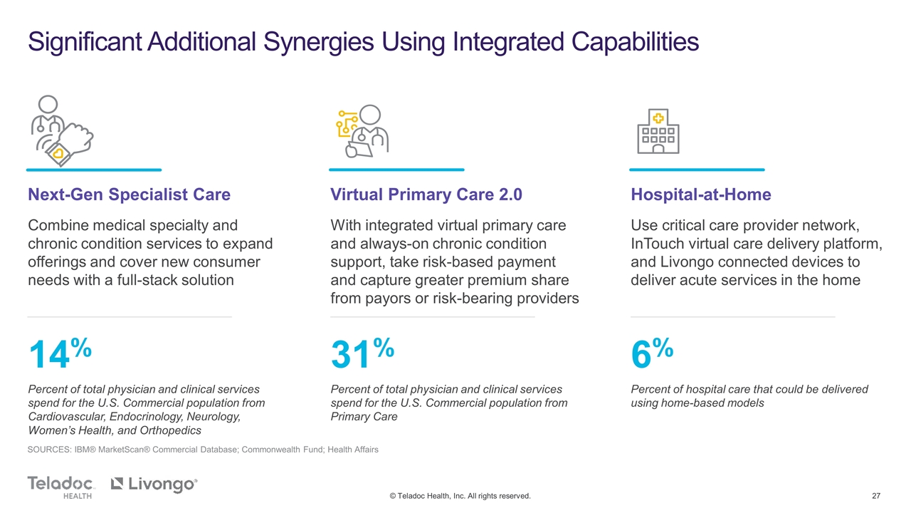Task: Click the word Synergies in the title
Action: click(x=318, y=42)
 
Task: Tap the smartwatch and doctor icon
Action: click(x=62, y=131)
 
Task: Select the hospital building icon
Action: click(x=658, y=131)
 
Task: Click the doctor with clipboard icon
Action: click(x=363, y=131)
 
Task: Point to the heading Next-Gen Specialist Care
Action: click(x=129, y=195)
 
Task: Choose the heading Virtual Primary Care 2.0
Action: click(x=426, y=195)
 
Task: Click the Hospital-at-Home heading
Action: click(x=701, y=195)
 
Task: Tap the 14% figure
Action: click(x=60, y=353)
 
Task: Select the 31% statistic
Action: click(x=362, y=353)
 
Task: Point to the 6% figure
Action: click(x=652, y=353)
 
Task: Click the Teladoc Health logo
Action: click(x=61, y=487)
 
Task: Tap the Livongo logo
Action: click(x=154, y=484)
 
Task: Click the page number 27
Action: click(x=876, y=496)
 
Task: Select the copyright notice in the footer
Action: click(x=460, y=496)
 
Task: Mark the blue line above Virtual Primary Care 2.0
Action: click(x=396, y=170)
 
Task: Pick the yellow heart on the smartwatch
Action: click(x=58, y=153)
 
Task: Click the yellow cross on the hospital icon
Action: click(x=658, y=118)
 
